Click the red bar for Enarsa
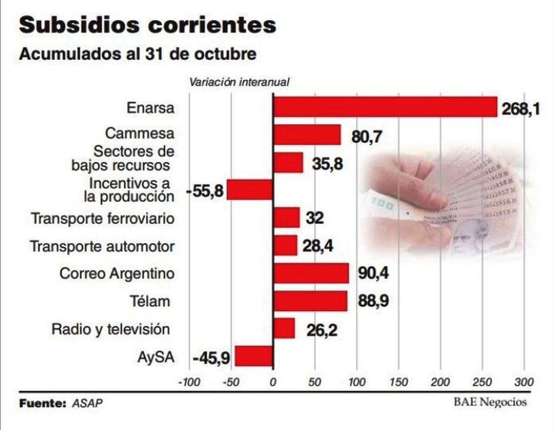pyautogui.click(x=385, y=107)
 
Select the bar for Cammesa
pyautogui.click(x=307, y=135)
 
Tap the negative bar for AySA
pyautogui.click(x=254, y=356)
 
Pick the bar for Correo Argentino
pyautogui.click(x=311, y=273)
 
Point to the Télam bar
pyautogui.click(x=310, y=301)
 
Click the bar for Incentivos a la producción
pyautogui.click(x=250, y=190)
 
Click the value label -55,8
pyautogui.click(x=205, y=191)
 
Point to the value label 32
pyautogui.click(x=315, y=218)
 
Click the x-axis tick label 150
pyautogui.click(x=399, y=383)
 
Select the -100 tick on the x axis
pyautogui.click(x=189, y=383)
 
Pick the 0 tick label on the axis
pyautogui.click(x=273, y=383)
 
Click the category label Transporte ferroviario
pyautogui.click(x=103, y=219)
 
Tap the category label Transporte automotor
pyautogui.click(x=102, y=247)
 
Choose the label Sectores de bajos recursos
pyautogui.click(x=123, y=158)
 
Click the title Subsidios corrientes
pyautogui.click(x=147, y=25)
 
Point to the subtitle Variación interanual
pyautogui.click(x=239, y=82)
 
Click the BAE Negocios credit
pyautogui.click(x=490, y=402)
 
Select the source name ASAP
pyautogui.click(x=87, y=403)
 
